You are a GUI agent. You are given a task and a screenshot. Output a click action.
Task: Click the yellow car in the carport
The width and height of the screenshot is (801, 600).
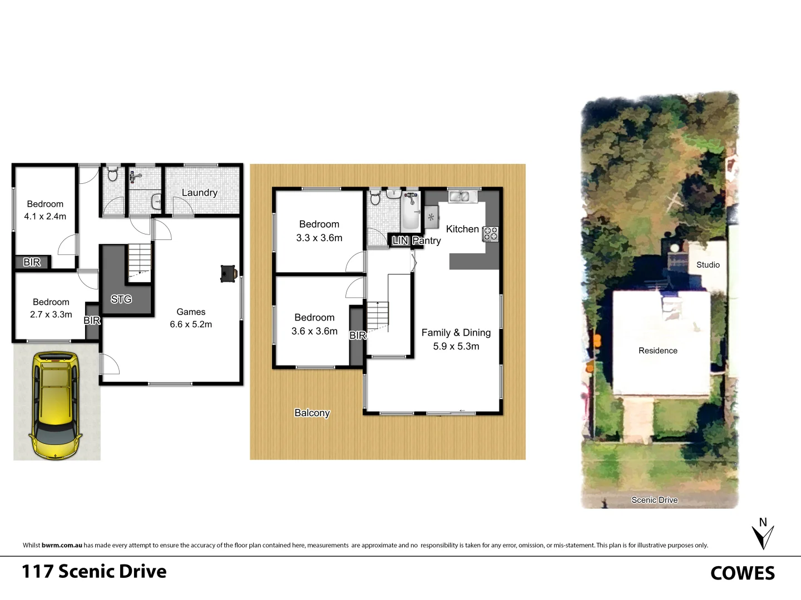point(56,406)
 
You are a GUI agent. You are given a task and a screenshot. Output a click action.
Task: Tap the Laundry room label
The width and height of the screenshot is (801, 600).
point(199,193)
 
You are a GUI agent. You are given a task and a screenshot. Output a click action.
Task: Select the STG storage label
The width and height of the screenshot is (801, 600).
point(121,299)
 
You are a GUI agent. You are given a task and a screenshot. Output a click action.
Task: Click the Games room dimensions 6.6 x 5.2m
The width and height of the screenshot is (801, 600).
point(191,324)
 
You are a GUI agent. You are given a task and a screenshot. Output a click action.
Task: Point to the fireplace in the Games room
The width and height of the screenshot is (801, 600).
point(229,273)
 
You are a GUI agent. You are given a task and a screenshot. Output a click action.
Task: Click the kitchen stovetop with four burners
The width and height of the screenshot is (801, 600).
point(490,234)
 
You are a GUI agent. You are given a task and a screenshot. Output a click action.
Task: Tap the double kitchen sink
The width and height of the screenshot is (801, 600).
point(459,196)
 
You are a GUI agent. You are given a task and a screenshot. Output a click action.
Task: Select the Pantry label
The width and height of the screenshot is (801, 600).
point(427,241)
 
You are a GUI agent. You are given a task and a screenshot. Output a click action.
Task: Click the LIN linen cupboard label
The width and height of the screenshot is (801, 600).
point(400,241)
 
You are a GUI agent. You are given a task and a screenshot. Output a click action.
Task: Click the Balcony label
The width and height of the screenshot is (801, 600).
point(312,413)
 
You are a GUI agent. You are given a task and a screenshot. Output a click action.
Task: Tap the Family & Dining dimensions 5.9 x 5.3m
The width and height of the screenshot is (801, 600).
point(456,346)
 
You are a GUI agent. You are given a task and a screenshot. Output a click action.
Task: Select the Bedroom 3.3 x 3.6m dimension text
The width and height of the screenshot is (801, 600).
point(319,238)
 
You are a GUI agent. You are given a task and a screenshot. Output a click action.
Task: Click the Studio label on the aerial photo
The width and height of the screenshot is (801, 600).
point(708,265)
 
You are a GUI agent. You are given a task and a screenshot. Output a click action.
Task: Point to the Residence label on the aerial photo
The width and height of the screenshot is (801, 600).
point(657,351)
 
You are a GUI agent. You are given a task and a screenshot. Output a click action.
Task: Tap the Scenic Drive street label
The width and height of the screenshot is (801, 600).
point(654,500)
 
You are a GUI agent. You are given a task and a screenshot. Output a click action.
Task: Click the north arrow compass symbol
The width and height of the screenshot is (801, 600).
point(763,534)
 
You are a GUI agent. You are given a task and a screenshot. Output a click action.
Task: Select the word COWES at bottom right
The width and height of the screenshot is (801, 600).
point(742,573)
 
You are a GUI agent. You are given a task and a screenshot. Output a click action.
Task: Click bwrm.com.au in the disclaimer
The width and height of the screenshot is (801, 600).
point(62,546)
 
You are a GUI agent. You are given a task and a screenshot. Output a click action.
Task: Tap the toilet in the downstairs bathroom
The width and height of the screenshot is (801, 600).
point(112,174)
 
